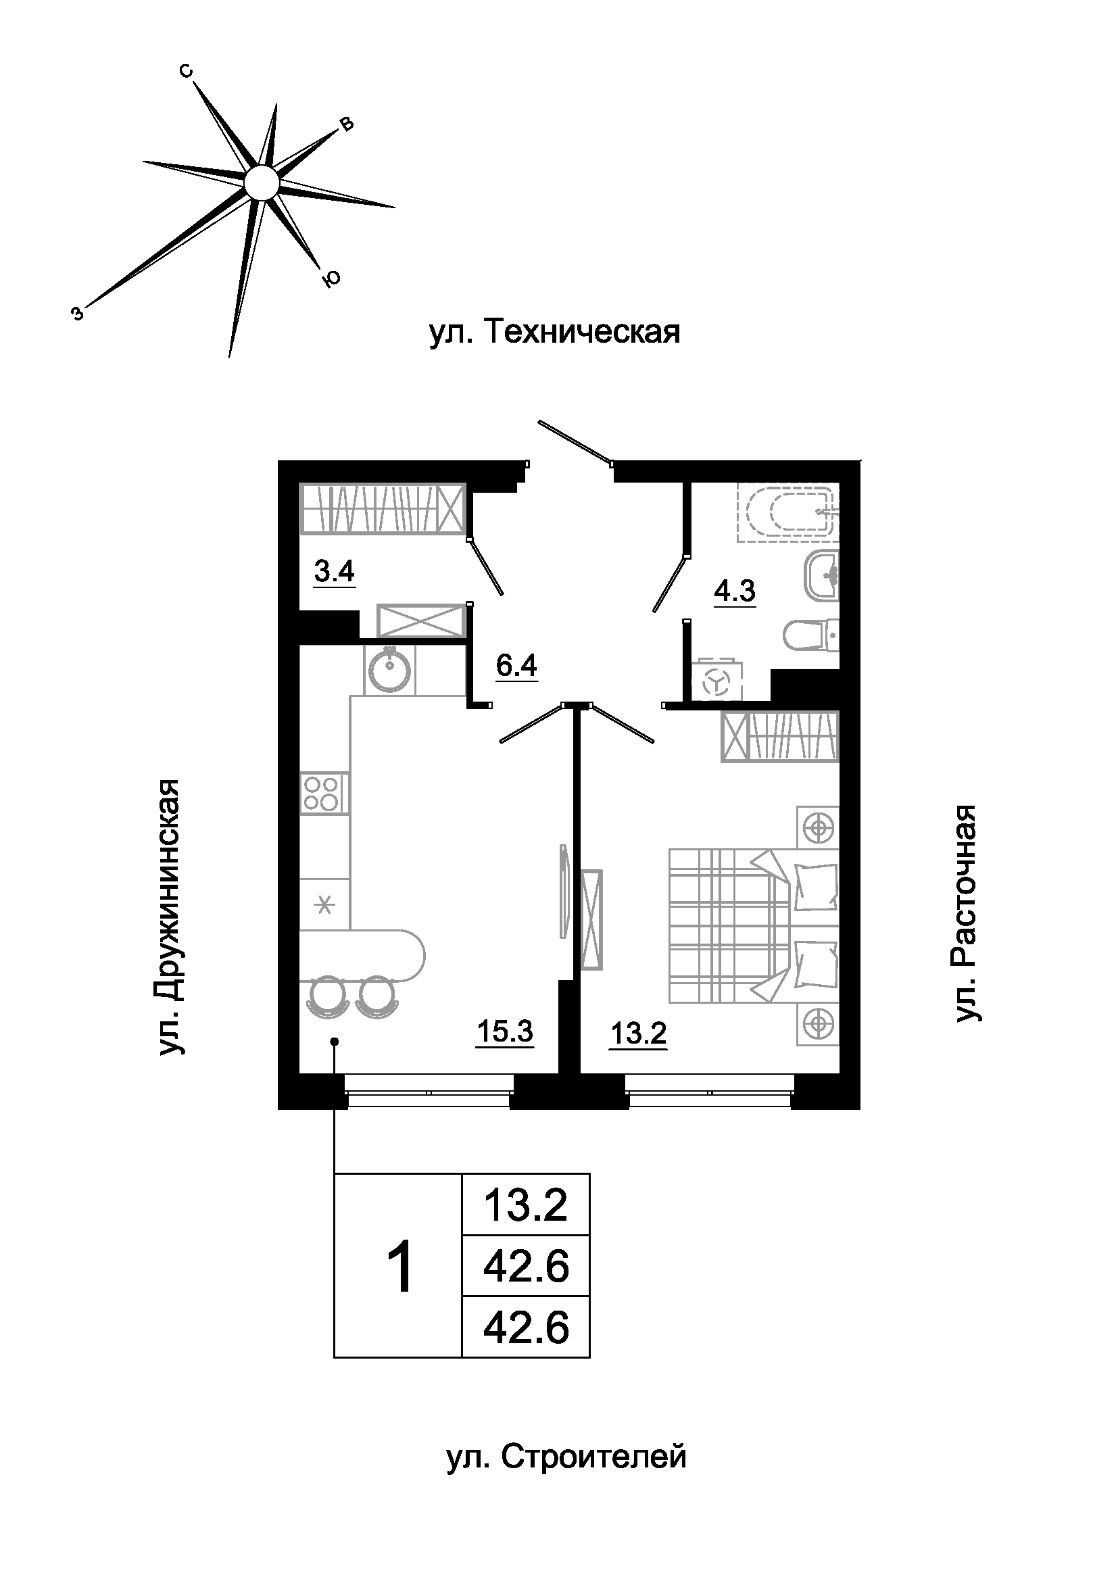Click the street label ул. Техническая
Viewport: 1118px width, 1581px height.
click(x=555, y=333)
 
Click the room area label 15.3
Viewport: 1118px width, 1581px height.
click(x=505, y=1031)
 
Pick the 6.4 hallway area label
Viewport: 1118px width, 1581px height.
click(x=516, y=665)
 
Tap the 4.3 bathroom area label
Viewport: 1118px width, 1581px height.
click(x=735, y=591)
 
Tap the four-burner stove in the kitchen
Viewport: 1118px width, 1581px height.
click(x=324, y=794)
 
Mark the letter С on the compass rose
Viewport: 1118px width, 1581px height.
click(x=185, y=70)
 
